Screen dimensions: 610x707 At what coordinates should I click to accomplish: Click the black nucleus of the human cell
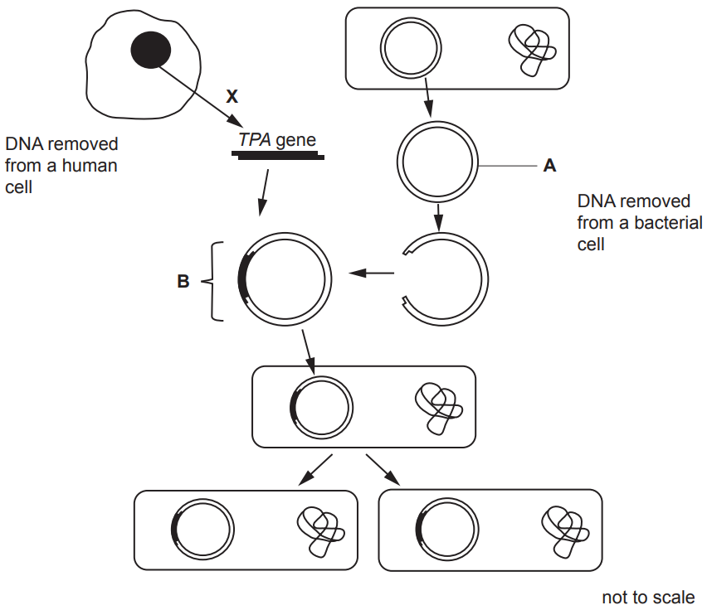[x=150, y=51]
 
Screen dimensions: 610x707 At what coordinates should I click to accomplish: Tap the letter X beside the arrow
[x=232, y=97]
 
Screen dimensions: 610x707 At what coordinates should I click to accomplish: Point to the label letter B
[x=183, y=282]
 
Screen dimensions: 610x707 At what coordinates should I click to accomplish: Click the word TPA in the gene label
[x=255, y=139]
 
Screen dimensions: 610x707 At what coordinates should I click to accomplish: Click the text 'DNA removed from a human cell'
[x=61, y=165]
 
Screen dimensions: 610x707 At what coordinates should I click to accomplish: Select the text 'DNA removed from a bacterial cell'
[x=639, y=222]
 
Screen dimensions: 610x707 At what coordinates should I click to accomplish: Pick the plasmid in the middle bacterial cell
[x=321, y=407]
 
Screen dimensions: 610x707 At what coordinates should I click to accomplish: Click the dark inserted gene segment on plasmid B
[x=243, y=276]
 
